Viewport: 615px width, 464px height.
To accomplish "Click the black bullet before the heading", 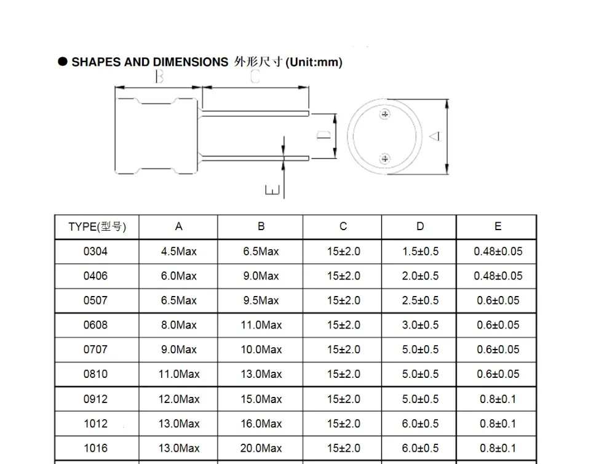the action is pos(63,62).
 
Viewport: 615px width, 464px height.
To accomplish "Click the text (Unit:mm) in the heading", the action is pos(314,62).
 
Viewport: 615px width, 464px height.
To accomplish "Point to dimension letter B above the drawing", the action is pos(159,76).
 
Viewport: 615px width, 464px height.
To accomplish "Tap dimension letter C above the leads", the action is pos(255,76).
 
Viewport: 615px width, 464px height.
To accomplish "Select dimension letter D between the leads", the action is pos(324,135).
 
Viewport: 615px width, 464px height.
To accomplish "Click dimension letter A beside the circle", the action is pos(436,136).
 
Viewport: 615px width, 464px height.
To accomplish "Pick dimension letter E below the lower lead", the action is pos(272,190).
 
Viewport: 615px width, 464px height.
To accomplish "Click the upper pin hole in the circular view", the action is pos(385,114).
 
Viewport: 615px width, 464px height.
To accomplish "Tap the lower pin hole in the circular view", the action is pos(385,159).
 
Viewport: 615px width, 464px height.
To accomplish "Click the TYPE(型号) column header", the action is pos(97,227).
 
